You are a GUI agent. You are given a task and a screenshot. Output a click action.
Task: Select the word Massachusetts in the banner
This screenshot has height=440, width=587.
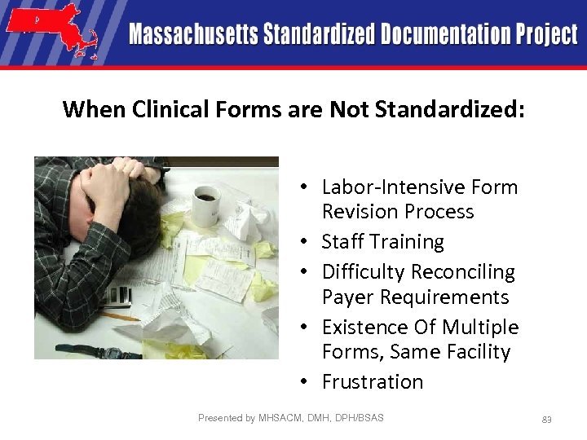193,35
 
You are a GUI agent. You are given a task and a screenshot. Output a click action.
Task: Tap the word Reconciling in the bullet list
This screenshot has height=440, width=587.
463,271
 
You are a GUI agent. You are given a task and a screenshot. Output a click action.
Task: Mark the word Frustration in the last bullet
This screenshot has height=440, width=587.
373,381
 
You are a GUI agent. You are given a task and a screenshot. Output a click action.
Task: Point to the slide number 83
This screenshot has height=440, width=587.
547,420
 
